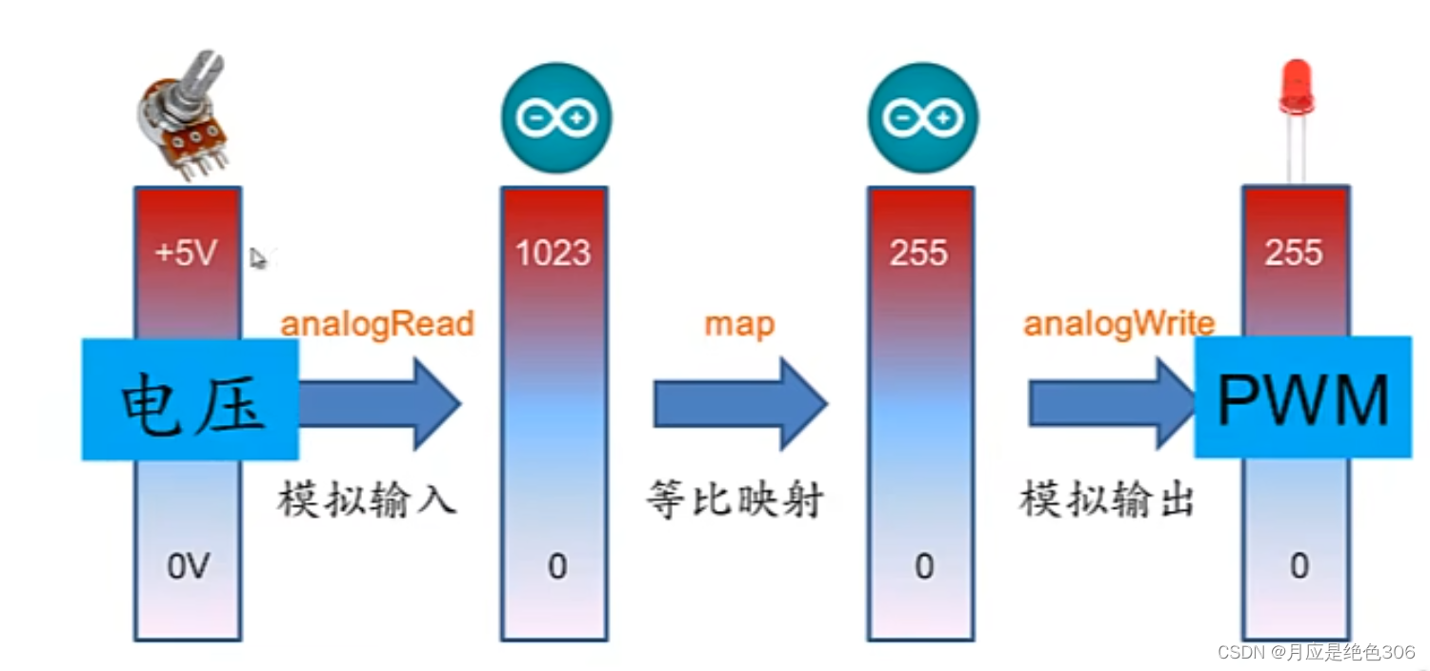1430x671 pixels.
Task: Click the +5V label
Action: (x=188, y=254)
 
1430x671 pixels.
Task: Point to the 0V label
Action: (x=188, y=567)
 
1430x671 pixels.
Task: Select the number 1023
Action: (x=554, y=254)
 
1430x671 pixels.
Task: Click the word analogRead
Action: (x=377, y=324)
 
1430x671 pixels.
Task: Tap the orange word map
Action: (x=739, y=324)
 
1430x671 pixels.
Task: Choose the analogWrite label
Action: (x=1119, y=324)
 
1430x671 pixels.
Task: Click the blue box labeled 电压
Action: (x=191, y=399)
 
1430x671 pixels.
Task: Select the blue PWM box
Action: (x=1302, y=396)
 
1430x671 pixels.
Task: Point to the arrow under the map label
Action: (x=739, y=403)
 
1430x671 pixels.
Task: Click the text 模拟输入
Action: (x=367, y=498)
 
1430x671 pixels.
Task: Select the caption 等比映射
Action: (x=735, y=498)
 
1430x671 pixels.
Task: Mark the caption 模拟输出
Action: (x=1106, y=498)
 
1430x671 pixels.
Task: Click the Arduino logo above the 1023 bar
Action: (x=556, y=118)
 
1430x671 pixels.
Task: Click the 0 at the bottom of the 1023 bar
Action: (x=556, y=567)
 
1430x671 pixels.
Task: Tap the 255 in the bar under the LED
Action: (x=1294, y=254)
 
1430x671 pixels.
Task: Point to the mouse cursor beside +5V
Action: (x=257, y=257)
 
